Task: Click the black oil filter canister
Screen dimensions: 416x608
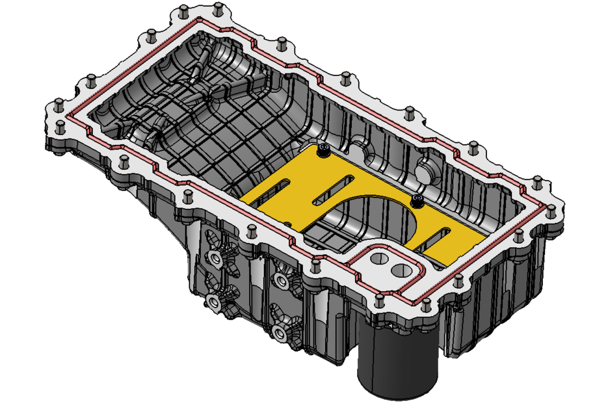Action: (398, 364)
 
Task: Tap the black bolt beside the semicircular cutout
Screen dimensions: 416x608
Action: (417, 199)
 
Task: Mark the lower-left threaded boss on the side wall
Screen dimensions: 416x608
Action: (212, 300)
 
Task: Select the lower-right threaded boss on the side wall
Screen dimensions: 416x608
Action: (280, 333)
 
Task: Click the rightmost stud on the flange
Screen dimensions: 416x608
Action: (551, 209)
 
